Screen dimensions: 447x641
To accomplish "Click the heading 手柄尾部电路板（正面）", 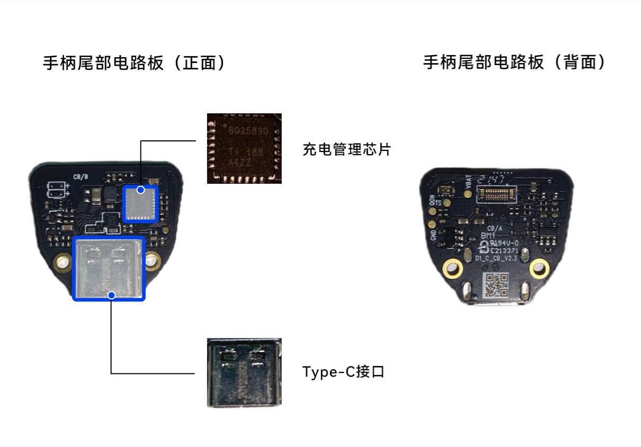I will click(135, 64).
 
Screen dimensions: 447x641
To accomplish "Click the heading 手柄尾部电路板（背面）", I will click(514, 62).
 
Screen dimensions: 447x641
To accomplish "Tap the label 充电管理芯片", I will click(346, 149).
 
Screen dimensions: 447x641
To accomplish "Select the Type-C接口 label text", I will click(343, 372).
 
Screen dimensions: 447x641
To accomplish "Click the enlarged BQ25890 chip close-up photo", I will click(244, 148).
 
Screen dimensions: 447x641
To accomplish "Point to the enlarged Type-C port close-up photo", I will click(244, 372).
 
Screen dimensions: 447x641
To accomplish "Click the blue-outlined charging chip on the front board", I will click(140, 203).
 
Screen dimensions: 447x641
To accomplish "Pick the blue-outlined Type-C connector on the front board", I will click(109, 269).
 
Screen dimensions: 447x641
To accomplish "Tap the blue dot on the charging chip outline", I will click(141, 189).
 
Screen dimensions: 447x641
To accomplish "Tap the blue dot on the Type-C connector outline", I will click(111, 295).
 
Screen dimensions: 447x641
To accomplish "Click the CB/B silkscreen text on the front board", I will click(81, 176).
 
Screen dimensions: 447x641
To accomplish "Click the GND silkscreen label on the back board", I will click(433, 235).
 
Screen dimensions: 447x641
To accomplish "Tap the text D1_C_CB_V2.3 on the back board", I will click(495, 258).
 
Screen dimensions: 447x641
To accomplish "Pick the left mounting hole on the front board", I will click(63, 262).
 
